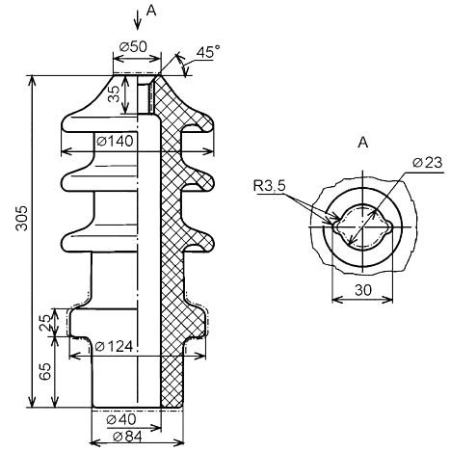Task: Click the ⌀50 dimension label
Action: click(x=133, y=47)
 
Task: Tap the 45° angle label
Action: click(x=208, y=52)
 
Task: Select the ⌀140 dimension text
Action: click(x=115, y=141)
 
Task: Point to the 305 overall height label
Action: click(x=22, y=218)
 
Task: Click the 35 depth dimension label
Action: click(x=114, y=93)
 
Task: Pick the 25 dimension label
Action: click(x=45, y=323)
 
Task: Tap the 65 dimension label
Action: click(x=45, y=372)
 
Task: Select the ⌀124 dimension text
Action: click(x=114, y=346)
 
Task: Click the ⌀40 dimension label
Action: click(x=121, y=419)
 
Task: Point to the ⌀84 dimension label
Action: click(x=127, y=437)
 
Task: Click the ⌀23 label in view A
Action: click(x=427, y=163)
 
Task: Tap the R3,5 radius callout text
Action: click(x=269, y=186)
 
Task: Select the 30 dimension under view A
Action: click(x=363, y=290)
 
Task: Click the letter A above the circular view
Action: click(x=363, y=143)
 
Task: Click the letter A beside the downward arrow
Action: click(x=151, y=11)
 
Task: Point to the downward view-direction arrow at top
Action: click(x=138, y=20)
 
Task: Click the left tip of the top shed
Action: click(x=62, y=123)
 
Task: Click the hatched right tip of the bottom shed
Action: click(x=212, y=243)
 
